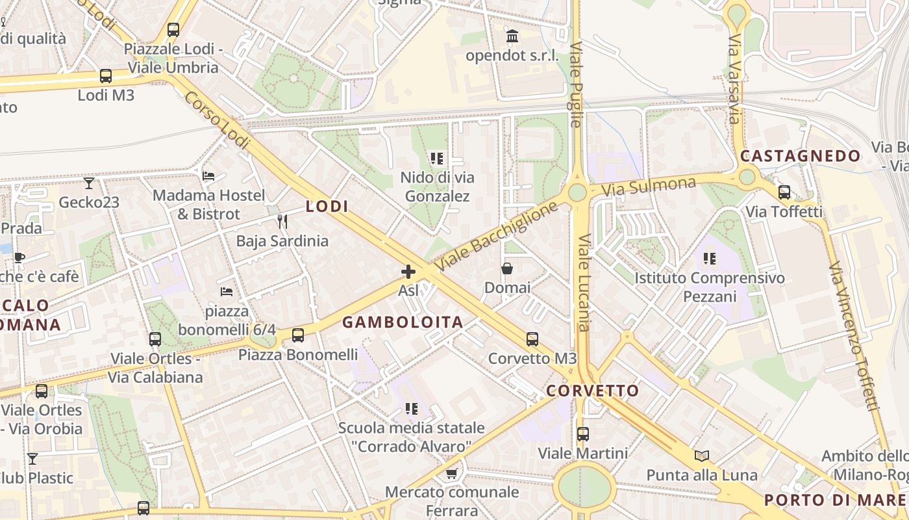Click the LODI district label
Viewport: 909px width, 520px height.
click(327, 207)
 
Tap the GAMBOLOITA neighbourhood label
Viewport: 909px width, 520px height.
click(403, 322)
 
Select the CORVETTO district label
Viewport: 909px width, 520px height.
click(592, 391)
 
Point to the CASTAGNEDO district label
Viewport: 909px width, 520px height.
click(800, 156)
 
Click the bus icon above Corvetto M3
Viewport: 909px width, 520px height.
click(532, 339)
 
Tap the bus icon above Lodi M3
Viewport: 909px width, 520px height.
click(106, 76)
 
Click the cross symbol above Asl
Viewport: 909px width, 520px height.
click(408, 272)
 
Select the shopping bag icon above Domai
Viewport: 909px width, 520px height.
click(507, 268)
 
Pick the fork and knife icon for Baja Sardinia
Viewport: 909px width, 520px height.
click(282, 222)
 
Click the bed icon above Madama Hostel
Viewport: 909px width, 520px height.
click(208, 176)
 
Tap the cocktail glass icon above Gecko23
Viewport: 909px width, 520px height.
click(89, 183)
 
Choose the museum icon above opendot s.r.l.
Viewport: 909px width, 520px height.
click(512, 36)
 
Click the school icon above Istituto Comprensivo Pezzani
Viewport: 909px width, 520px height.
click(710, 259)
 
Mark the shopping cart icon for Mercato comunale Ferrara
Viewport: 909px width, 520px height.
click(452, 473)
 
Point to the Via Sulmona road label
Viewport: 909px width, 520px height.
click(648, 187)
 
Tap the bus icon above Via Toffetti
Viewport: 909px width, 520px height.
click(784, 192)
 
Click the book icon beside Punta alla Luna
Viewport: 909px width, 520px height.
click(701, 456)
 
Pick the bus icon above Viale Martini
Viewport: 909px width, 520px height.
click(583, 434)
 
